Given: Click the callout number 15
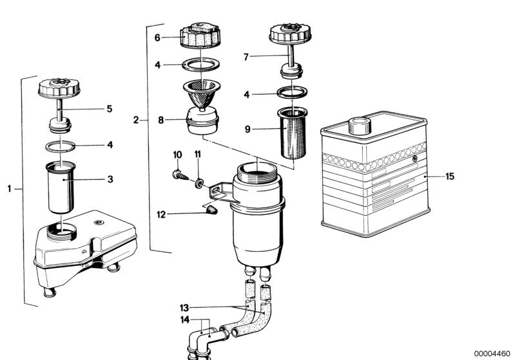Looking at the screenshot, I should point(450,176).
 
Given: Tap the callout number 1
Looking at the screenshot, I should point(10,189).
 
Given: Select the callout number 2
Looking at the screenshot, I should point(136,120).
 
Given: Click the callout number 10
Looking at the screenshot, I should point(178,155).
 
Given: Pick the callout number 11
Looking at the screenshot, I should point(198,155).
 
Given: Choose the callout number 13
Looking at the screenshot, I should point(185,308).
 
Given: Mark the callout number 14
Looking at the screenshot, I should point(185,320).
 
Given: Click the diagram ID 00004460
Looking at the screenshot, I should point(492,353).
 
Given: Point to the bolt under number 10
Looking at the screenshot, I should point(180,173).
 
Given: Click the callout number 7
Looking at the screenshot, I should point(246,57).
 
